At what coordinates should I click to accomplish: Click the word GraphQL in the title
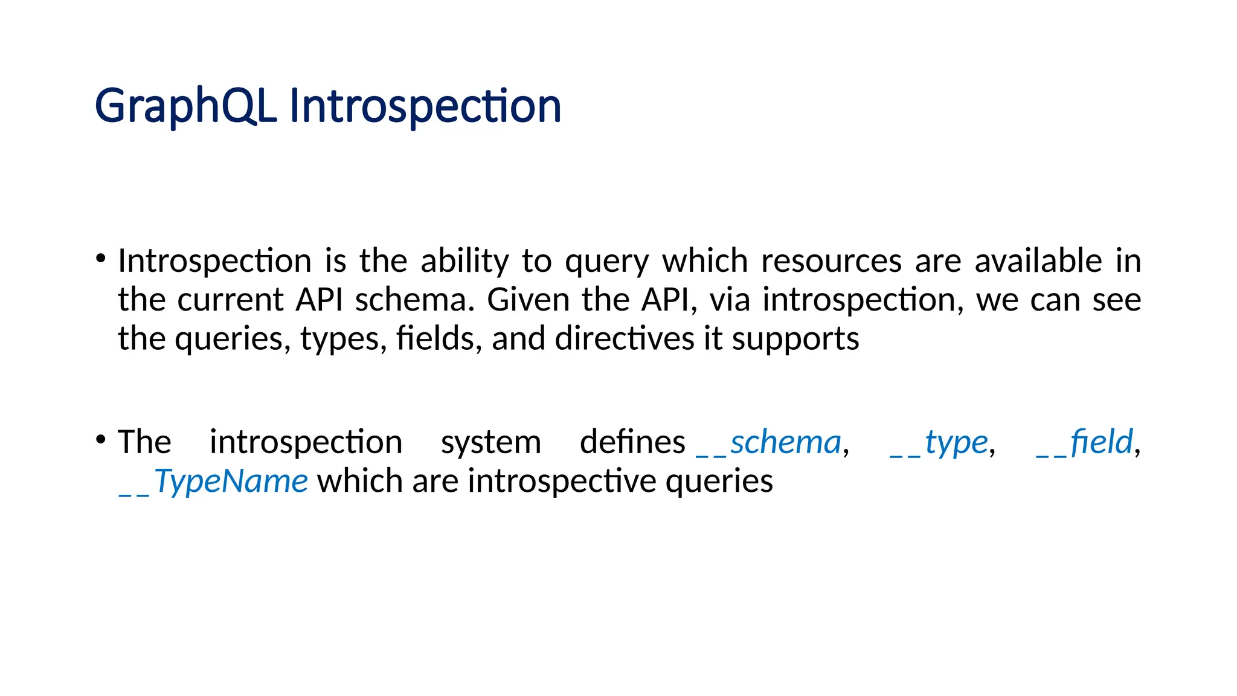pos(185,107)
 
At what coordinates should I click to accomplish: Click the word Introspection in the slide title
pos(425,107)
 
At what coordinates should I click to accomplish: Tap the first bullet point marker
pos(101,259)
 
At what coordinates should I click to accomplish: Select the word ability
pos(464,262)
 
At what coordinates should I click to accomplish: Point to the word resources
pos(831,262)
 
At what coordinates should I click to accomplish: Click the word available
pos(1038,262)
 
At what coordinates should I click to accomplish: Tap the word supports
pos(795,339)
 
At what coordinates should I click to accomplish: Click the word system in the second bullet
pos(490,443)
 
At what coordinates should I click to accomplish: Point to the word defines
pos(632,443)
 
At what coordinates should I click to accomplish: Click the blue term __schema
pos(770,443)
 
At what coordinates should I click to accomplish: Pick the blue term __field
pos(1084,443)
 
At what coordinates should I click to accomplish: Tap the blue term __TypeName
pos(214,482)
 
